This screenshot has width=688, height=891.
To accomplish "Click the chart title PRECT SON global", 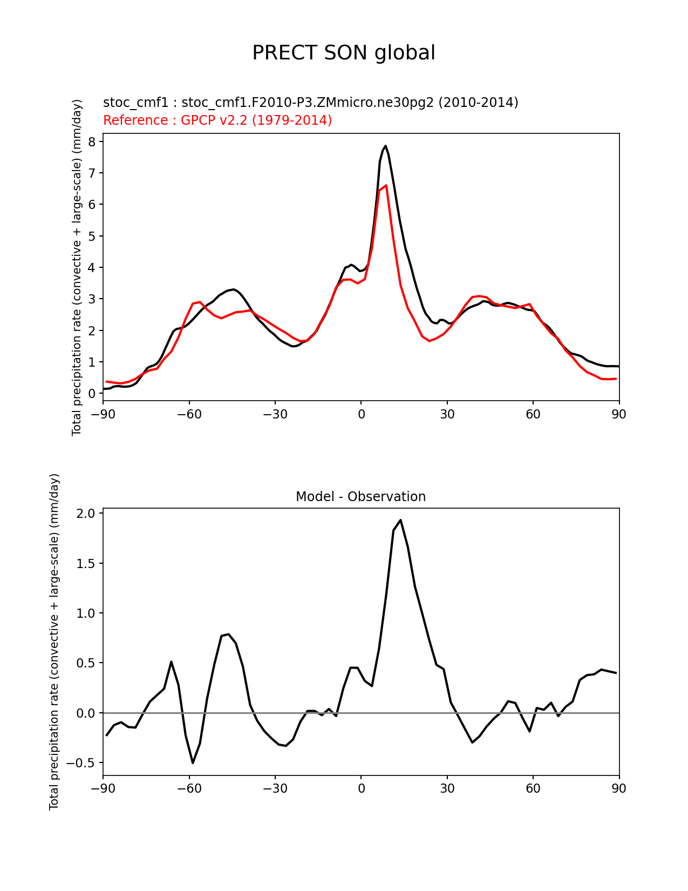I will [x=344, y=53].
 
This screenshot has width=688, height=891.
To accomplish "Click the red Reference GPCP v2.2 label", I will [x=217, y=120].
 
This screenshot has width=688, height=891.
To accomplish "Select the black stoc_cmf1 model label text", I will [x=310, y=102].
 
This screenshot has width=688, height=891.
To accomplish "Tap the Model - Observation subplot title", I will [x=360, y=497].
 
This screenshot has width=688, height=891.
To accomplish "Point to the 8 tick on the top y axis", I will [x=92, y=142].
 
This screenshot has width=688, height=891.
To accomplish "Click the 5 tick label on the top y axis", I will [x=92, y=237].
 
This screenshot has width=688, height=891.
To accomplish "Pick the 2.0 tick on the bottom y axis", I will [x=87, y=514].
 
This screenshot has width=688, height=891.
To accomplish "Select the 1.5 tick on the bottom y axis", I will [x=87, y=563].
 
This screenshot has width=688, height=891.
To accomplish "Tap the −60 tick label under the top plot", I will [x=189, y=414].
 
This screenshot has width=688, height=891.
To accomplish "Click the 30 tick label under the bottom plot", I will [x=447, y=788].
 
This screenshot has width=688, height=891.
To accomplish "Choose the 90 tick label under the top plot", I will [x=619, y=414].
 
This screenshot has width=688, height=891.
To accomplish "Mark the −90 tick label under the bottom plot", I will [x=103, y=788].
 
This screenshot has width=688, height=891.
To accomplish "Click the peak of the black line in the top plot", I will [x=385, y=146].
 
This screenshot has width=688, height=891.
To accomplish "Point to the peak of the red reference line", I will [x=386, y=185].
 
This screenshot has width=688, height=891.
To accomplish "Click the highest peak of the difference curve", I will [x=400, y=520].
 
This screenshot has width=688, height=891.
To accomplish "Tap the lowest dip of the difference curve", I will [x=193, y=762].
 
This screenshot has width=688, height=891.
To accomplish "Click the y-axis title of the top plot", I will [x=77, y=267].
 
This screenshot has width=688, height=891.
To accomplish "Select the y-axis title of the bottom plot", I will [x=54, y=642].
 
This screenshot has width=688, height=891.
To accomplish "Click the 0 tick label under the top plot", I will [x=361, y=414].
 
